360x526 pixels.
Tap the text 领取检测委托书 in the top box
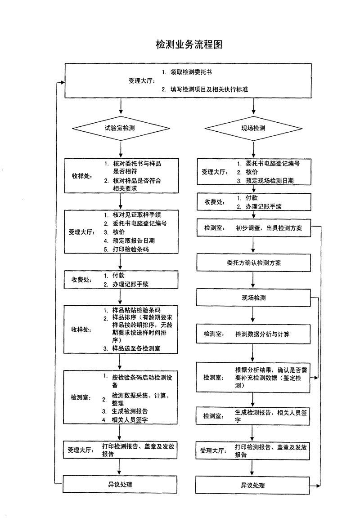pos(191,72)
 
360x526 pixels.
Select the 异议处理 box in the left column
pos(120,484)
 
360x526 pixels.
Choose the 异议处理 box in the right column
pos(253,486)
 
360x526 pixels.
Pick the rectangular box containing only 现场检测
pos(253,298)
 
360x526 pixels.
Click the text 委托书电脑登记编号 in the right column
pos(273,163)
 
